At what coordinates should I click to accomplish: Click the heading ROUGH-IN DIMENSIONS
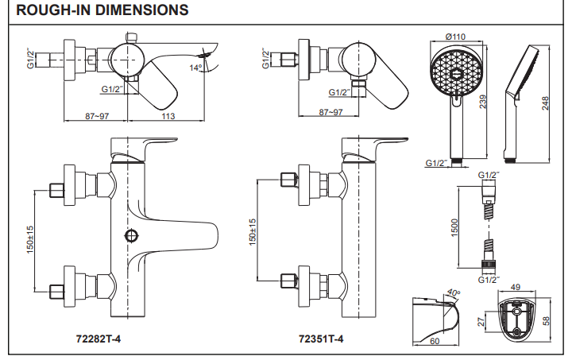102,11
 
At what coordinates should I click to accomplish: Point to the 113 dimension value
168,115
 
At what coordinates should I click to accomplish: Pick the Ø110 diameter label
455,37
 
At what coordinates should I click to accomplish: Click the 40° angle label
454,292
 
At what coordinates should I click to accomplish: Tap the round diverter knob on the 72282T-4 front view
132,235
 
